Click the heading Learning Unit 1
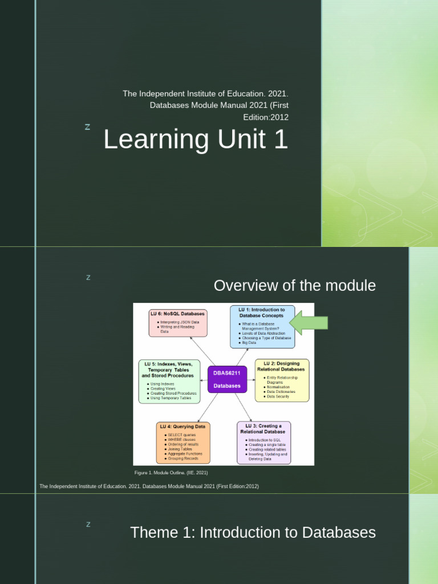click(x=196, y=140)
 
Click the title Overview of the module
click(x=294, y=286)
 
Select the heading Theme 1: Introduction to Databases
click(x=253, y=533)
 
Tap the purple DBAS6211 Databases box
click(x=227, y=379)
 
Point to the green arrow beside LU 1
click(x=309, y=323)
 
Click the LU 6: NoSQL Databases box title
click(x=177, y=314)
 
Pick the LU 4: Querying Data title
click(x=182, y=426)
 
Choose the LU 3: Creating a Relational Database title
click(x=263, y=429)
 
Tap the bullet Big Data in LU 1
click(x=249, y=343)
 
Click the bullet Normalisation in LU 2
click(x=278, y=387)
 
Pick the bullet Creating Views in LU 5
click(x=163, y=389)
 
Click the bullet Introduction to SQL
click(x=263, y=440)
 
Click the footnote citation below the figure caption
click(x=149, y=486)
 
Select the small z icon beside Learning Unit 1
click(x=87, y=127)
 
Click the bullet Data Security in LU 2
click(x=278, y=396)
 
